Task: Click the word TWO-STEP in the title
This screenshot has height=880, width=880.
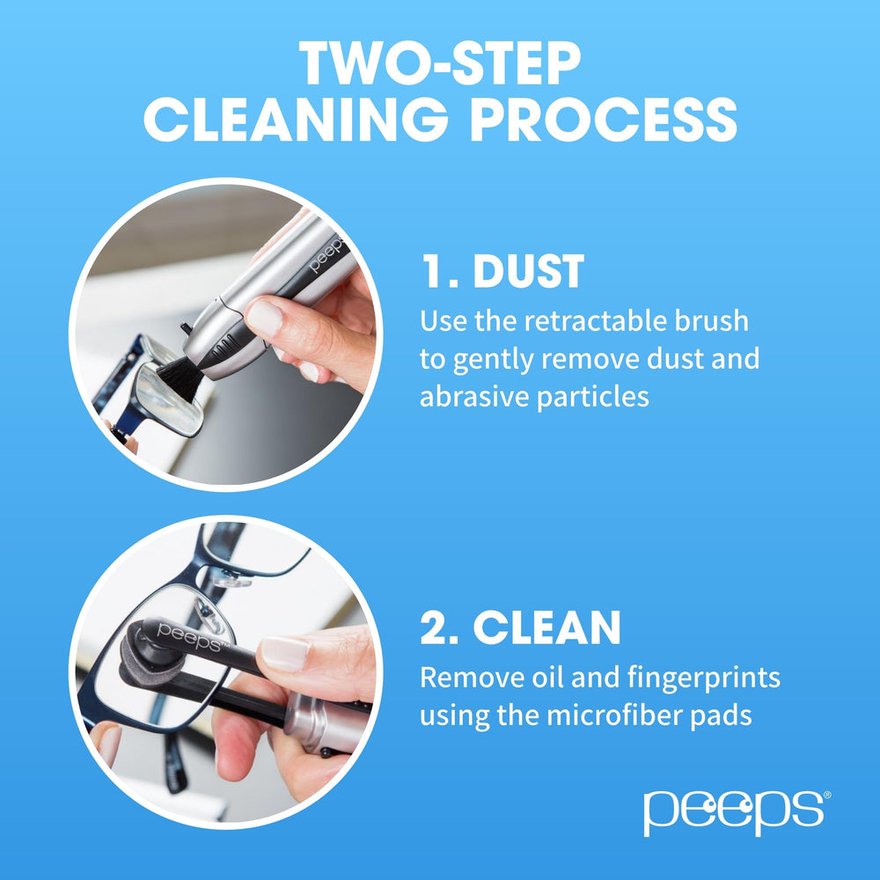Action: point(440,63)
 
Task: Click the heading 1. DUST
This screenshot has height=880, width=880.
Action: point(502,273)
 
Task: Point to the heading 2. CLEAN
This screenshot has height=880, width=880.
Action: point(520,627)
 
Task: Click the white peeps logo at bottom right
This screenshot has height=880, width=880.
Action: point(736,810)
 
